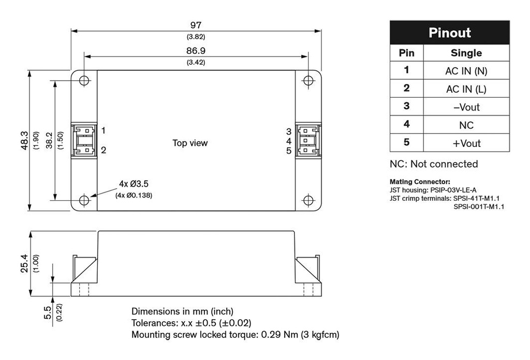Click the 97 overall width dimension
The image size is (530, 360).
tap(196, 25)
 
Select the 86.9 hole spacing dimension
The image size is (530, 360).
tap(196, 51)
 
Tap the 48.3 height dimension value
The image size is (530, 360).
tap(25, 141)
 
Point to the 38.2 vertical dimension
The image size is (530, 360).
tap(49, 141)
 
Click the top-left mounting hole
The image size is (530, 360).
tap(84, 81)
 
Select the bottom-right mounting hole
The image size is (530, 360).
tap(308, 200)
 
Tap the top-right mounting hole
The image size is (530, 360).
tap(308, 81)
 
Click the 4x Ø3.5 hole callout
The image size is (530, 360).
tap(134, 184)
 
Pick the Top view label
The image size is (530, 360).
tap(190, 143)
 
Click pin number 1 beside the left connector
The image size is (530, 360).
tap(104, 130)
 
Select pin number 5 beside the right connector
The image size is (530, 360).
tap(289, 151)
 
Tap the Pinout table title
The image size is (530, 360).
tap(450, 33)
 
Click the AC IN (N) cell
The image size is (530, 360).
tap(466, 71)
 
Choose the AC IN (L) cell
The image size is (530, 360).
tap(466, 89)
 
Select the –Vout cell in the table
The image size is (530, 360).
tap(466, 107)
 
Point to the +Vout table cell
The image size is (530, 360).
tap(466, 143)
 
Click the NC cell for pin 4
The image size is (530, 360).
tap(466, 125)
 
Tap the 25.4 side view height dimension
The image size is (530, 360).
tap(25, 263)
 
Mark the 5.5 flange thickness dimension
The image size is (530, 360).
tap(48, 312)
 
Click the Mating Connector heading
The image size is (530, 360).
tap(420, 182)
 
